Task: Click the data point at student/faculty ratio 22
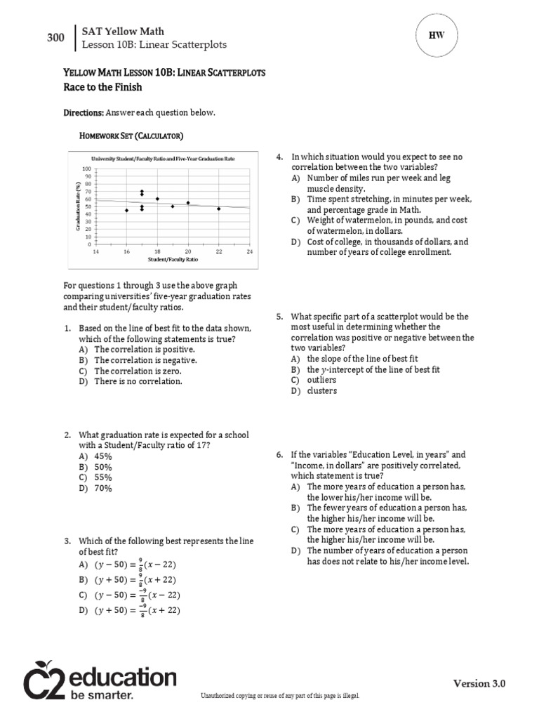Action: [x=218, y=209]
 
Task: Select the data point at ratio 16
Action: [x=126, y=210]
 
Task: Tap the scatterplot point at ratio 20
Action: [x=188, y=203]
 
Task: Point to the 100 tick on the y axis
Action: [x=87, y=169]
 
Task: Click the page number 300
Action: [x=55, y=38]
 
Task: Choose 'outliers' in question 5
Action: [x=321, y=380]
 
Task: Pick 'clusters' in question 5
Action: [x=321, y=391]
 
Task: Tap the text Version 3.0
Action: [x=479, y=683]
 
